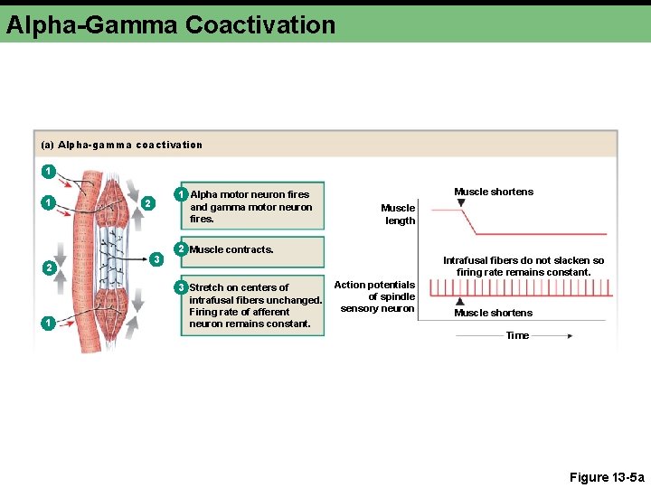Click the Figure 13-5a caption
tap(607, 477)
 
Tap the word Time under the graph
tap(517, 335)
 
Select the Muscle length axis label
tap(399, 214)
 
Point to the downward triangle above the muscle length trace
tap(462, 203)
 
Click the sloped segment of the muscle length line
tap(467, 221)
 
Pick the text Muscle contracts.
tap(231, 249)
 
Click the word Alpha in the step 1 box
tap(203, 194)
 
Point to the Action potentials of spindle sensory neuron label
tap(376, 296)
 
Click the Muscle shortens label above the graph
tap(494, 192)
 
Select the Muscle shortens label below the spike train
tap(493, 313)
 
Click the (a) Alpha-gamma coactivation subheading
tap(122, 145)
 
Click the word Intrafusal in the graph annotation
tap(467, 260)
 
